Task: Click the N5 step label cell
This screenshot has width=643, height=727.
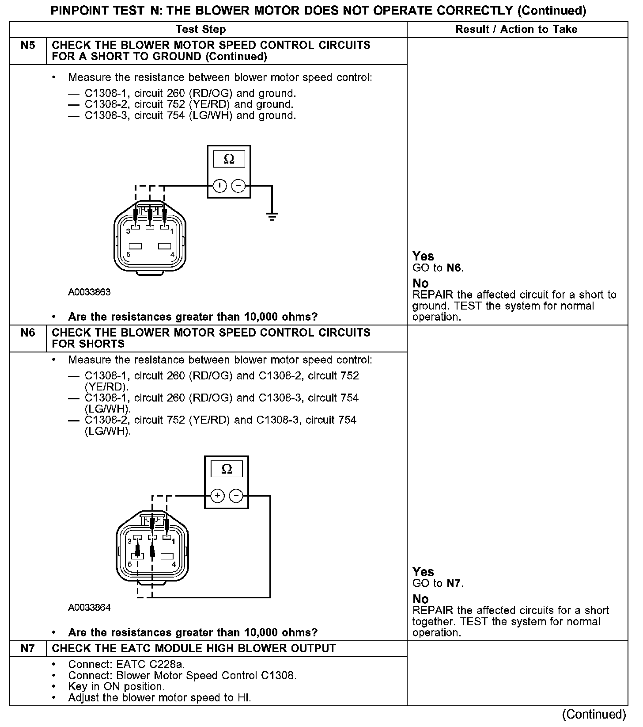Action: pos(28,46)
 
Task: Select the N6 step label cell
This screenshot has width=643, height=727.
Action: pos(28,333)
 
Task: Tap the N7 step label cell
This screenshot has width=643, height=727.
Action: pos(28,649)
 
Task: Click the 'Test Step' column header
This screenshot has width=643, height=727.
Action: pos(200,30)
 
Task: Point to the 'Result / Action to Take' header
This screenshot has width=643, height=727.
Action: pos(516,30)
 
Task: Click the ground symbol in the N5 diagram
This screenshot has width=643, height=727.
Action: pos(272,216)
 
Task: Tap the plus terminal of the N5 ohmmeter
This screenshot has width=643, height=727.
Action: pos(219,186)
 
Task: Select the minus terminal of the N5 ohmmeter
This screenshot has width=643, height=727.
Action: pos(238,186)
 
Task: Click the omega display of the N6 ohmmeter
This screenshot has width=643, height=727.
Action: pos(227,469)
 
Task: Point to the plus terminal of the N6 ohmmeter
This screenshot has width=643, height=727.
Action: pos(217,496)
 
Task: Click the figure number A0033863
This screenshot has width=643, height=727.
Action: pos(89,292)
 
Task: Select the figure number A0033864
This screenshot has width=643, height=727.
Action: pos(89,608)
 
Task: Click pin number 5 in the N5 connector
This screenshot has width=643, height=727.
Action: pos(129,255)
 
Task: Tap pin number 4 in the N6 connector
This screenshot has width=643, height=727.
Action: pos(174,565)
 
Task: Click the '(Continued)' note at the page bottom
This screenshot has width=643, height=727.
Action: pos(594,715)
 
